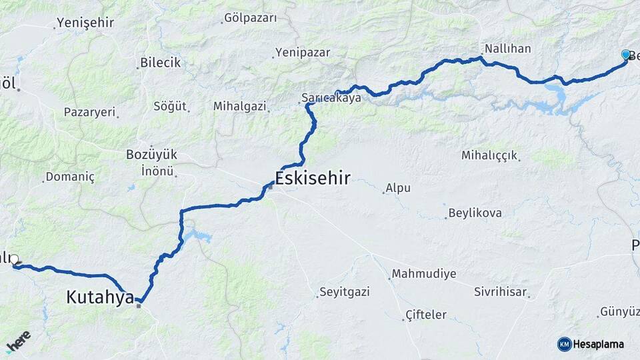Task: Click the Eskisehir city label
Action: click(312, 177)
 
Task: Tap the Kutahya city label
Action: click(100, 297)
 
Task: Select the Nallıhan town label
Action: click(507, 49)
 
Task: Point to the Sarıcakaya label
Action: click(331, 98)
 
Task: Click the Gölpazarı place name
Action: click(251, 18)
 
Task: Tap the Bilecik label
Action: click(160, 63)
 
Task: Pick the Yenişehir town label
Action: click(85, 23)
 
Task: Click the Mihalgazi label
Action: click(240, 106)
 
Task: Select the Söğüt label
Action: click(170, 106)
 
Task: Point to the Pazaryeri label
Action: click(89, 112)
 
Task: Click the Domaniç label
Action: click(71, 177)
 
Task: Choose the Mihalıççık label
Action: click(489, 155)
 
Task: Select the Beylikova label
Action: click(475, 213)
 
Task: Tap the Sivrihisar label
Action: click(501, 292)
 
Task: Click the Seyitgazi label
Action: click(344, 292)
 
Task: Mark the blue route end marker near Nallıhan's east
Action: click(625, 55)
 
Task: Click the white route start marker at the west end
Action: click(14, 259)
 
